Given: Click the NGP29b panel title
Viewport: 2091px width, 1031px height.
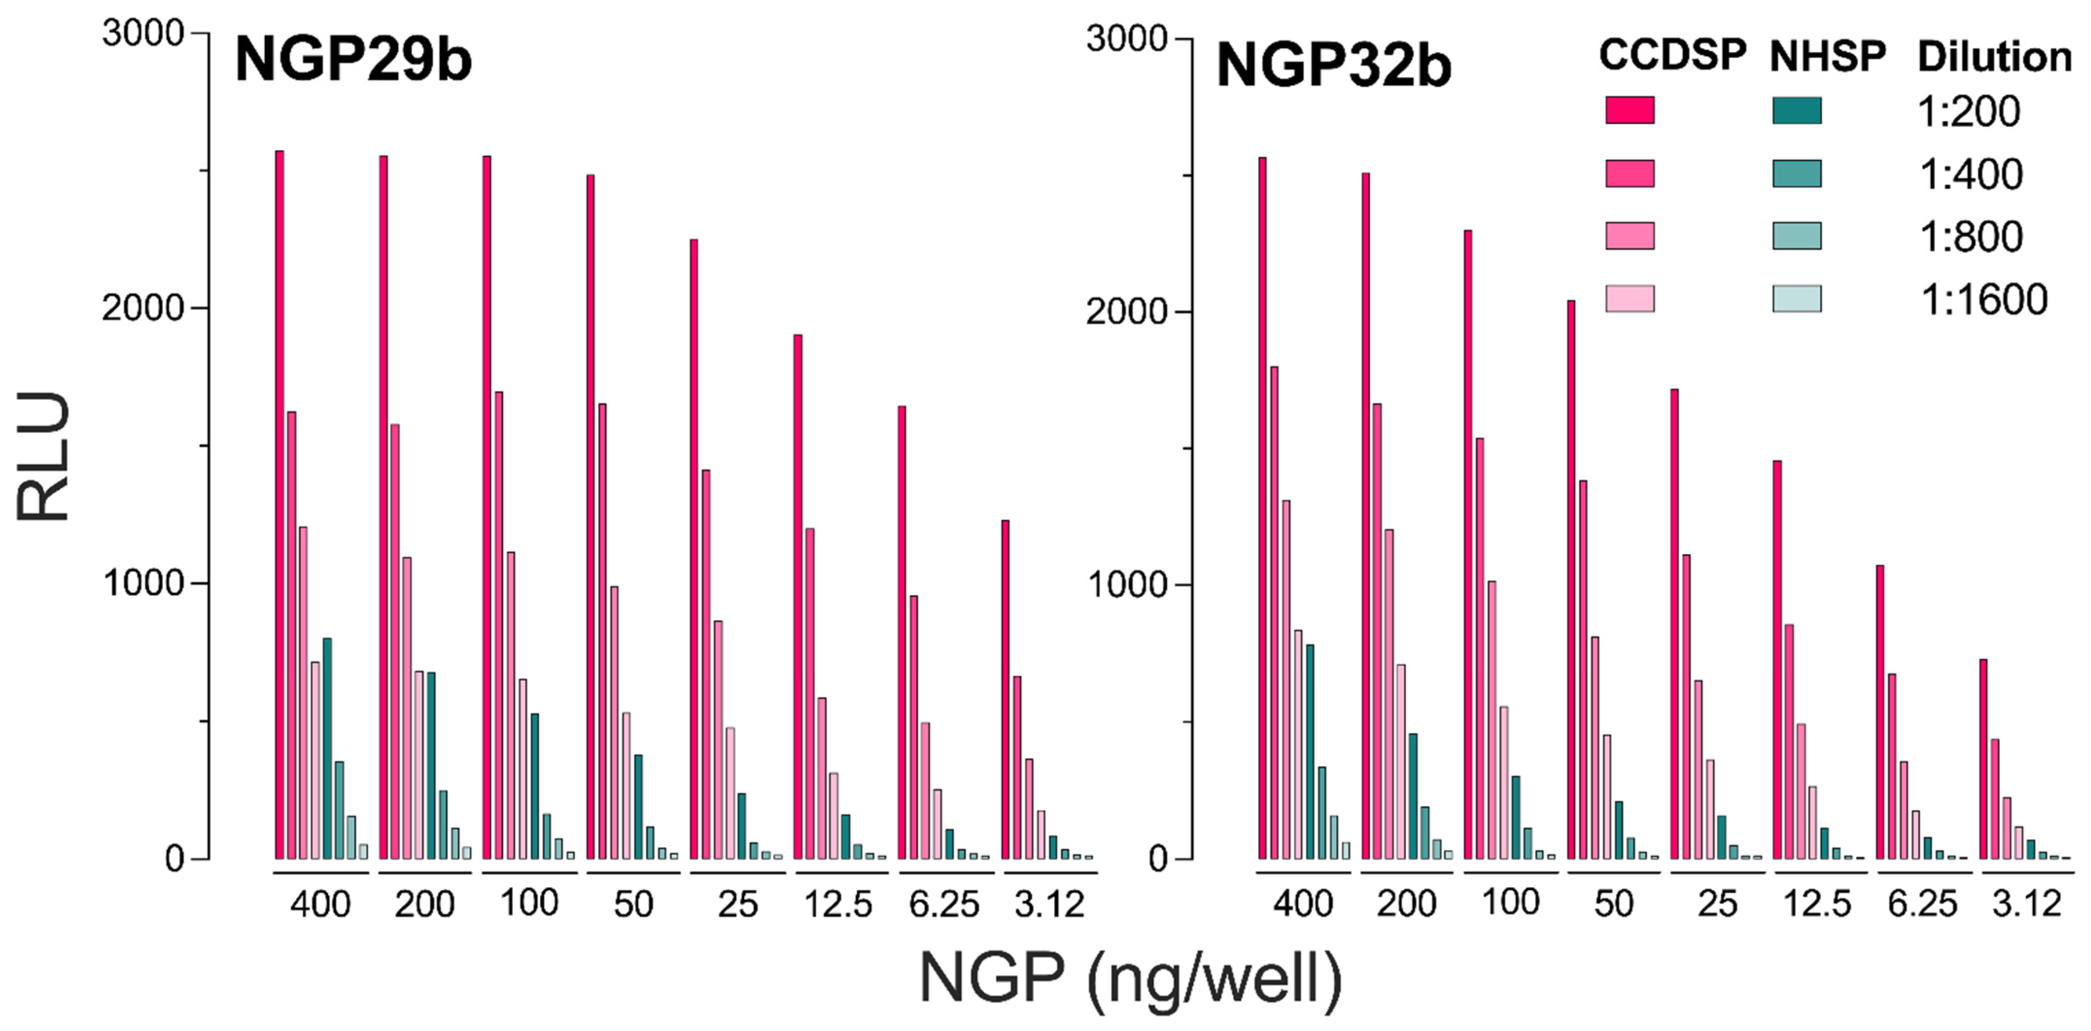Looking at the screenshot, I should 353,61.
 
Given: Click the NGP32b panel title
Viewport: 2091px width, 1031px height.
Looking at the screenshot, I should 1333,66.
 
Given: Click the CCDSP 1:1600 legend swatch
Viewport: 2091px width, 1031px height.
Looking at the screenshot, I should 1629,299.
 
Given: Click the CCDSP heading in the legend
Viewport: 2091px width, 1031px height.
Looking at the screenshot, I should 1672,55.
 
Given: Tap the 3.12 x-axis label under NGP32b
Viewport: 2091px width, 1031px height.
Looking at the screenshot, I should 2026,904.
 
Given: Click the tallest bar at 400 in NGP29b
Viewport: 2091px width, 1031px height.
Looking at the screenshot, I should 279,503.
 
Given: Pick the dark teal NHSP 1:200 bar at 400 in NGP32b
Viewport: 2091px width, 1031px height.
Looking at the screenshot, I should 1309,751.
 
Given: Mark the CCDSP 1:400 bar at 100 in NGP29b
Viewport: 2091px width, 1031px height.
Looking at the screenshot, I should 499,625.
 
